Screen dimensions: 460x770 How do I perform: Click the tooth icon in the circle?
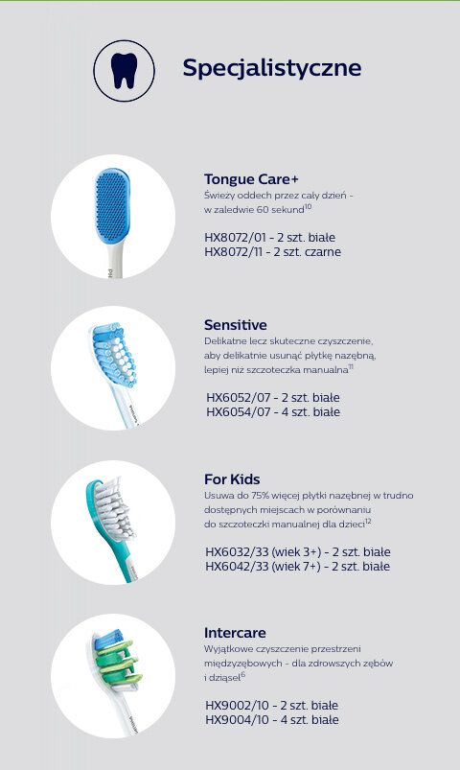coord(125,71)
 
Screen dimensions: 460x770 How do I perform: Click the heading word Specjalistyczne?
coord(272,68)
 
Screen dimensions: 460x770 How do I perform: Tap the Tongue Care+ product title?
coord(251,179)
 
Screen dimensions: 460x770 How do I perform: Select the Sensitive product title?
coord(236,325)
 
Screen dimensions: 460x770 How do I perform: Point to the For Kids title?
coord(232,479)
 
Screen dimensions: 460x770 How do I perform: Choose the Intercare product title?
coord(235,633)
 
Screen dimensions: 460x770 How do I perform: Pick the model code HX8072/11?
coord(234,252)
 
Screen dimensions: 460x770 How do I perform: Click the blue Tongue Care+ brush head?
coord(112,205)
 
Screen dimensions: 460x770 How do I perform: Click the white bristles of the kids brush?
coord(114,508)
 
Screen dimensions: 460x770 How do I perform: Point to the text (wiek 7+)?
coord(296,566)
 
